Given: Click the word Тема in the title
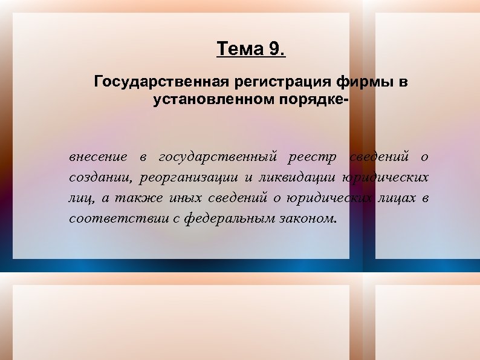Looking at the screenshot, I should (238, 49).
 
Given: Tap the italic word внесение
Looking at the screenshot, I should (98, 157).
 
